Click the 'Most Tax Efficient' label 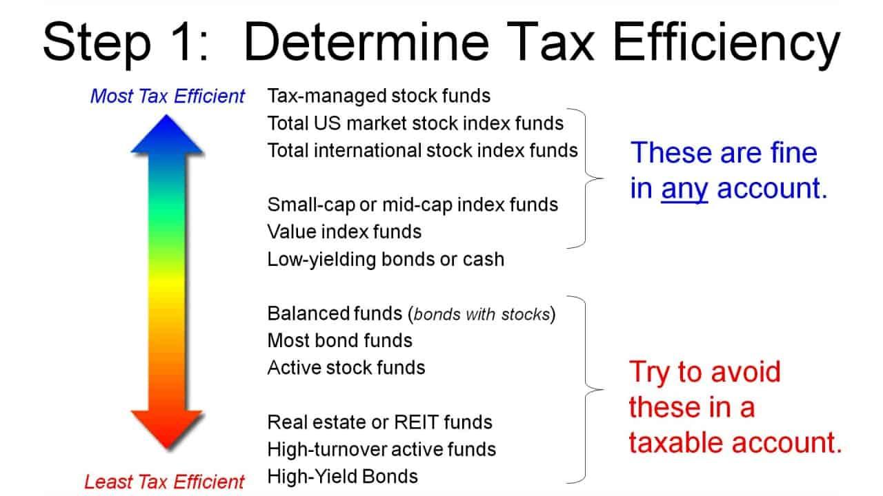[168, 96]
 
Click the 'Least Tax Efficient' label [164, 482]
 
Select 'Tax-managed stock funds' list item [379, 95]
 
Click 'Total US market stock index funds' [415, 123]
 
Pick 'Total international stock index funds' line [422, 149]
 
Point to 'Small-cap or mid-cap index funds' [413, 205]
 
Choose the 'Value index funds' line [344, 231]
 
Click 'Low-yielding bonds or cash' [386, 259]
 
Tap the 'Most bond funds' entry [339, 340]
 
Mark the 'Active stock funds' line [346, 367]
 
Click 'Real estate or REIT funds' [379, 422]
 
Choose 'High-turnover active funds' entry [381, 449]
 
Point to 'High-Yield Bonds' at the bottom [342, 476]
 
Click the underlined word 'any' [684, 189]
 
